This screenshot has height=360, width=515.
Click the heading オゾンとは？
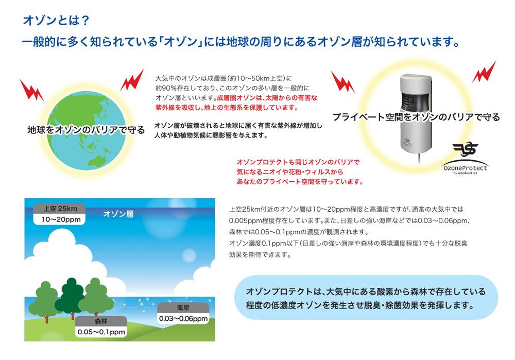point(56,21)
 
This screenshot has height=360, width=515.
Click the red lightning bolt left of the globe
point(31,90)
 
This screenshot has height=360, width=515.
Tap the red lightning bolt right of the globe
point(132,80)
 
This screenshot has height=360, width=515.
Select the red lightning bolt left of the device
point(342,82)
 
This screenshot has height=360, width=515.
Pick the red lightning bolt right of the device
point(484,72)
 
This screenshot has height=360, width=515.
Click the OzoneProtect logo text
point(465,168)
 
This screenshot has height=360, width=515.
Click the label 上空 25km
point(60,209)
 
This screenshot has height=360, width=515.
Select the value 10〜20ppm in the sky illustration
point(61,219)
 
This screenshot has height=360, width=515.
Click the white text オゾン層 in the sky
point(118,214)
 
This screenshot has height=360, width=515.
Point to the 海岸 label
point(183,307)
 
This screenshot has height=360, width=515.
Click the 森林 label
point(101,321)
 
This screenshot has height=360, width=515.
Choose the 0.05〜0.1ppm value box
point(101,332)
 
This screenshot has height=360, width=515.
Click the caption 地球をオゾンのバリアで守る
point(86,130)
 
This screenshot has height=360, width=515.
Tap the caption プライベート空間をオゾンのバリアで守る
point(416,117)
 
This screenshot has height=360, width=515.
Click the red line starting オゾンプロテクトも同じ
point(298,162)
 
